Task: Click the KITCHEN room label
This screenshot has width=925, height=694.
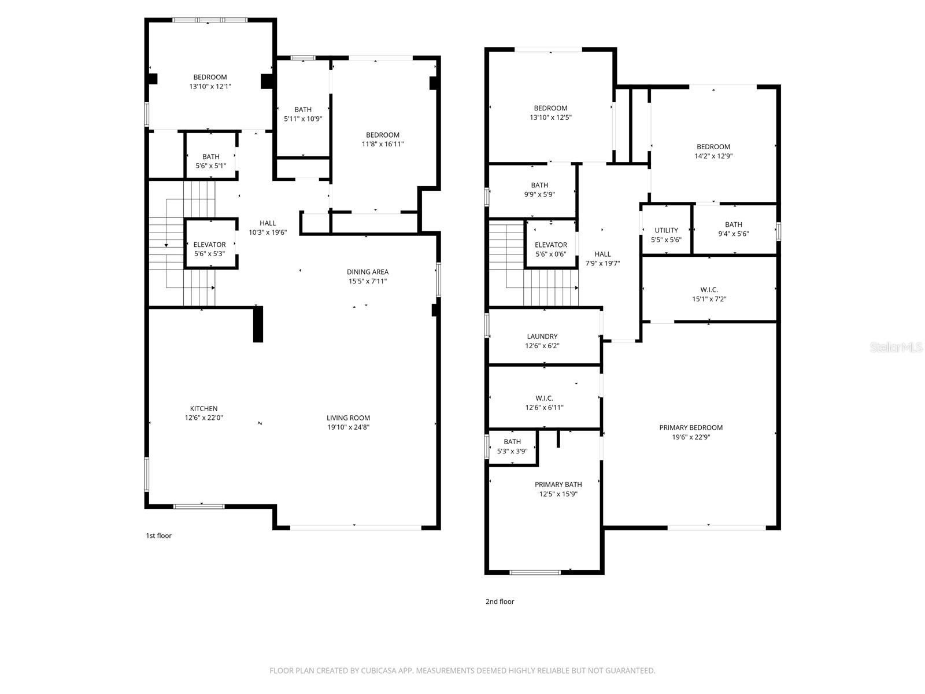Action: pyautogui.click(x=203, y=409)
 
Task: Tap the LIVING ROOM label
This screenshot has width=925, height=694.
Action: pyautogui.click(x=348, y=418)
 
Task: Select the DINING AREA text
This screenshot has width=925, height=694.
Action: pyautogui.click(x=367, y=272)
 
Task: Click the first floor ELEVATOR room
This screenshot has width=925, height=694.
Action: pyautogui.click(x=210, y=245)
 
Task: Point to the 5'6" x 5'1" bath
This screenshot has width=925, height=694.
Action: pyautogui.click(x=210, y=161)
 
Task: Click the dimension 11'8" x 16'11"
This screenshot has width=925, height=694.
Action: pyautogui.click(x=382, y=145)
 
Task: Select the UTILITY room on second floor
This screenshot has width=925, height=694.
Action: pyautogui.click(x=666, y=230)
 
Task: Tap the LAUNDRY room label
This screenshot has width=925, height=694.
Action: pyautogui.click(x=542, y=337)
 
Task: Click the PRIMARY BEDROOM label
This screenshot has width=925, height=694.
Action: pyautogui.click(x=691, y=428)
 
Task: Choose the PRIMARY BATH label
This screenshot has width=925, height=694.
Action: pyautogui.click(x=558, y=485)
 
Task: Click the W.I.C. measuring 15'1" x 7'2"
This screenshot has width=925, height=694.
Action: pyautogui.click(x=709, y=294)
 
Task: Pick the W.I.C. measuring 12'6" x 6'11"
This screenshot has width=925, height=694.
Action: pyautogui.click(x=544, y=403)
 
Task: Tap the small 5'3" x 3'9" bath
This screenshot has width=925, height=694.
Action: pyautogui.click(x=512, y=446)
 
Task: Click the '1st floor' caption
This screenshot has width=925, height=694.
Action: pyautogui.click(x=158, y=536)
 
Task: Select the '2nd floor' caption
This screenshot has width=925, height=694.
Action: pyautogui.click(x=499, y=601)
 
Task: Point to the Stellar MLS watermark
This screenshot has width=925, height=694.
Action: pyautogui.click(x=897, y=348)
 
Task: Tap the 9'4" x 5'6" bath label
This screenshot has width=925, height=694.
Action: pyautogui.click(x=733, y=229)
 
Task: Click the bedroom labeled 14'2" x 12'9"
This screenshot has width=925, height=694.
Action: pyautogui.click(x=713, y=152)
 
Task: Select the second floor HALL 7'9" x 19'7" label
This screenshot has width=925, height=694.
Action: pyautogui.click(x=602, y=259)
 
